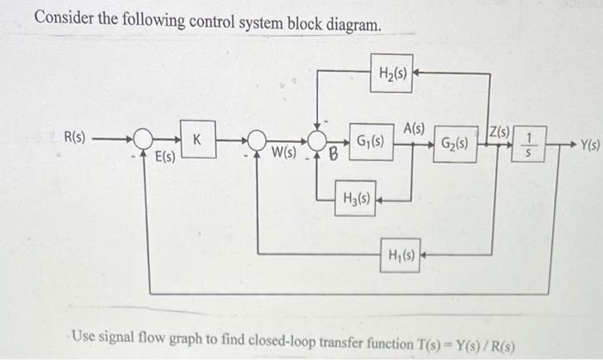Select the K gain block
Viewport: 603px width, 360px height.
[197, 138]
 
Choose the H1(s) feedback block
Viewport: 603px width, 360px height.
[402, 255]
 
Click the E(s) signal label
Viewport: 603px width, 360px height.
[165, 157]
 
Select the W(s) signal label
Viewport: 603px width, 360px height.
[283, 153]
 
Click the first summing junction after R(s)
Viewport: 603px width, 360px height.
[143, 140]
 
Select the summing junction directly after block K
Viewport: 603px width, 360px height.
[256, 140]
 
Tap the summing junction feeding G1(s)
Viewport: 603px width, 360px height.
[318, 140]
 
